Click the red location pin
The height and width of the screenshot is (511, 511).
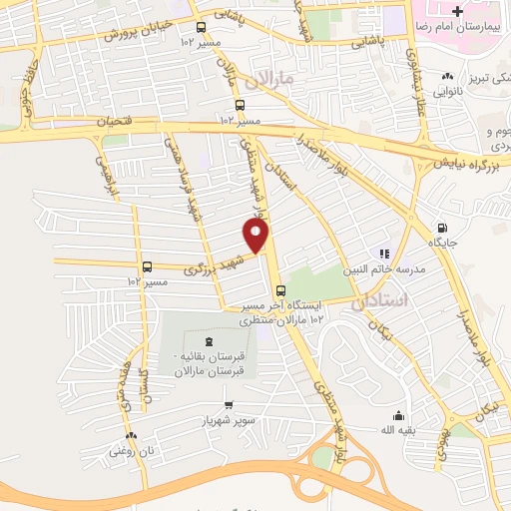point(256,237)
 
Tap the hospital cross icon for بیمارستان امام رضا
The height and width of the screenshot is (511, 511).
point(458,12)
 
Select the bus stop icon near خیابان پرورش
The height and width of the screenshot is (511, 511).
point(203,28)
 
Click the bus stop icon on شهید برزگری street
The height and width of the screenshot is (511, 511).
point(148,266)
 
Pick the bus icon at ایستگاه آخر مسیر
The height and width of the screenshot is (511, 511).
point(279,290)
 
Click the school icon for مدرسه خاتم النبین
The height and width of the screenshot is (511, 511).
point(382,254)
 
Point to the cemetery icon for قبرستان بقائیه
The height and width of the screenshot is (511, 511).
point(208,343)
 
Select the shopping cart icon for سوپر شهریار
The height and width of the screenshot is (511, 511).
point(230,405)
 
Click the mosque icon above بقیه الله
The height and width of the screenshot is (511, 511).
point(399,416)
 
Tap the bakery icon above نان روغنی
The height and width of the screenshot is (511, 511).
point(133,435)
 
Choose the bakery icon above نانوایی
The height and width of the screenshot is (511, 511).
point(448,76)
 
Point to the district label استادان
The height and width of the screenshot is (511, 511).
point(381,300)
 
